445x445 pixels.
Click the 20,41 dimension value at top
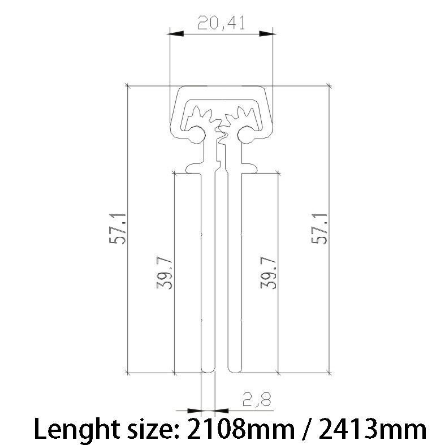point(221,23)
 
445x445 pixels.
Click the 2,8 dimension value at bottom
point(257,399)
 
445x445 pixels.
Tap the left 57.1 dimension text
point(117,229)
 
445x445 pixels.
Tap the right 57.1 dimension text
point(319,229)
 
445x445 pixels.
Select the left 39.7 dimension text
point(165,273)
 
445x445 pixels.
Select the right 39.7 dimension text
point(268,273)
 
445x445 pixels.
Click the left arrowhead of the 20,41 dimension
point(176,34)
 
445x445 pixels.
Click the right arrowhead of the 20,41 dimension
point(267,34)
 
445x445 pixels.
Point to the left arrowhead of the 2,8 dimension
point(194,411)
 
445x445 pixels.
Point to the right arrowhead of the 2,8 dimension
point(222,411)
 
